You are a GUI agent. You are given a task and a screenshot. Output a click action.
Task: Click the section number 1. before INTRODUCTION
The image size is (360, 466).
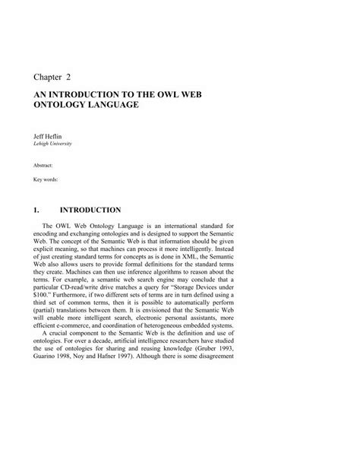pos(36,209)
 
